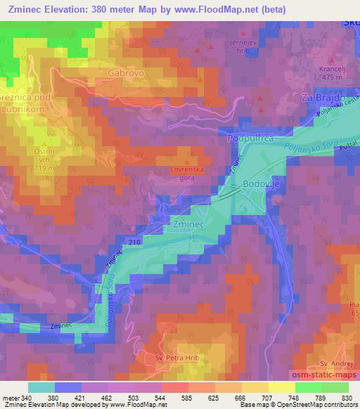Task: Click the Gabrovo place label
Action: [125, 72]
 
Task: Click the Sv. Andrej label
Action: [334, 363]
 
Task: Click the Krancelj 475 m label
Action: [328, 73]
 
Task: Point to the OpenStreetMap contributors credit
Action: [319, 405]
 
